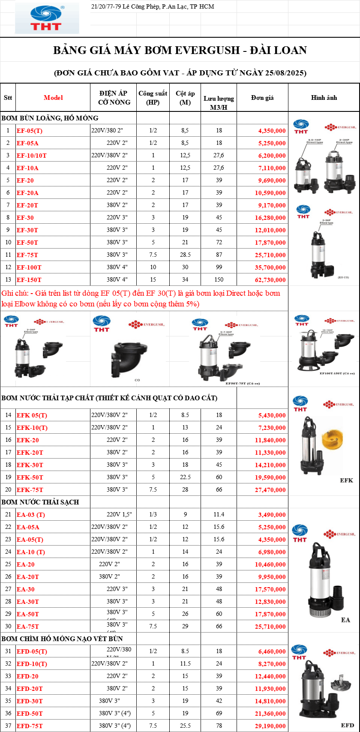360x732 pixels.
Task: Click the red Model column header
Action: [x=53, y=98]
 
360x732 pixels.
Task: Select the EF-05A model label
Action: [x=27, y=143]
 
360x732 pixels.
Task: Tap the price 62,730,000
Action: [x=272, y=280]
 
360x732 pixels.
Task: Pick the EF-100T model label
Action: [x=29, y=267]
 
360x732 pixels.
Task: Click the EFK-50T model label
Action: [x=30, y=477]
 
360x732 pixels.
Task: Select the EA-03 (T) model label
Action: [x=31, y=515]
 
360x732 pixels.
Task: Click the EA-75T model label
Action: [x=27, y=627]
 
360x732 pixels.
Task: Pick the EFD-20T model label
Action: [x=29, y=689]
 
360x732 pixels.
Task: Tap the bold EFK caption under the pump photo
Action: [x=346, y=480]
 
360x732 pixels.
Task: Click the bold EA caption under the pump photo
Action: [x=345, y=620]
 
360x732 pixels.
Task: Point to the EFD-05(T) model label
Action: [x=32, y=651]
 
